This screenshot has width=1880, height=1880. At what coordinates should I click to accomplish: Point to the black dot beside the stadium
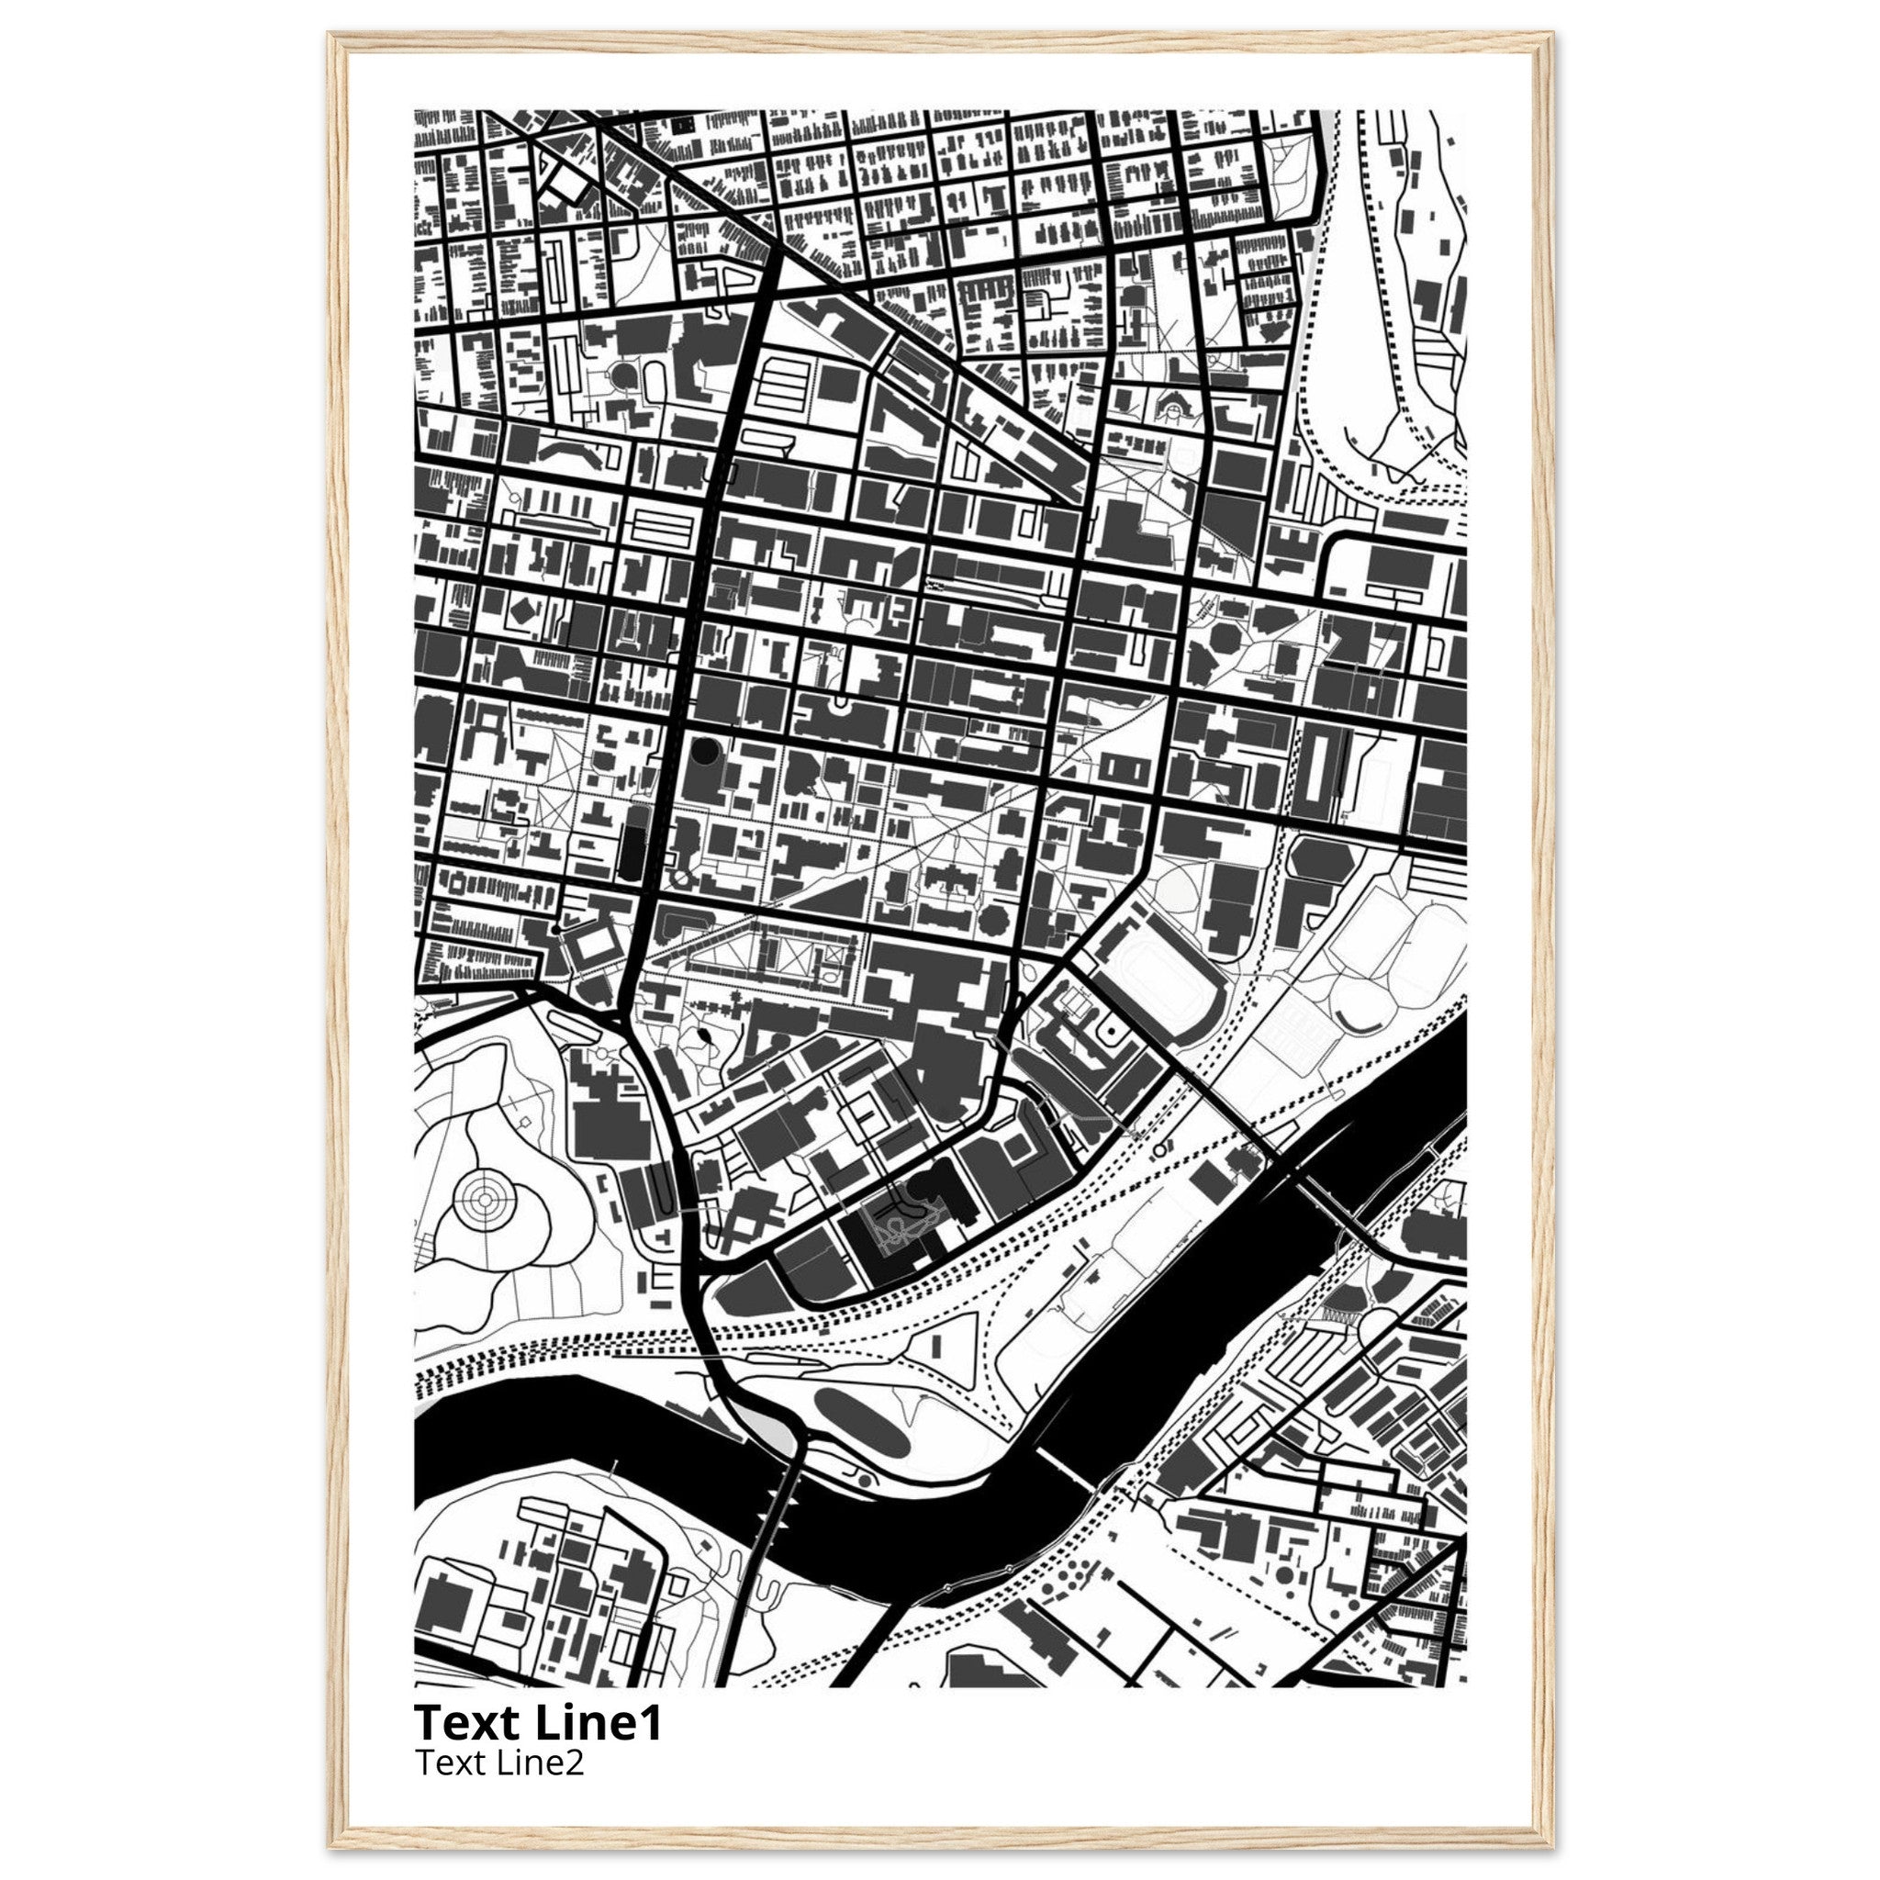[x=1108, y=1030]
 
